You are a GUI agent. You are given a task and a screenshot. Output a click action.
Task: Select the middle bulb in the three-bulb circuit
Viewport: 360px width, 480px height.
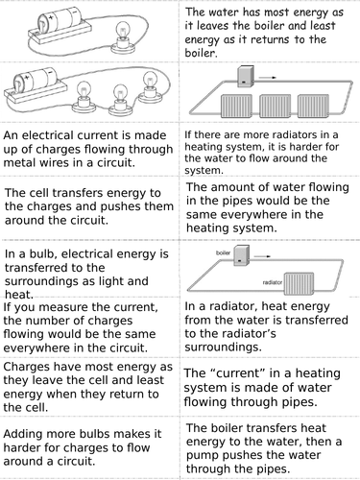click(118, 95)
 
